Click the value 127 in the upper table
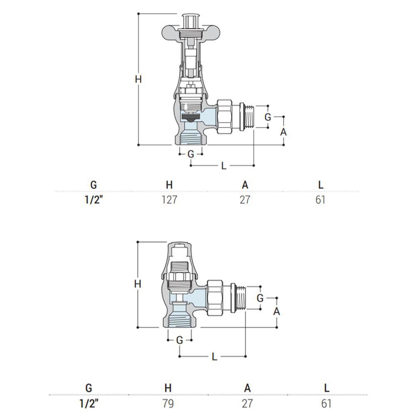(169, 200)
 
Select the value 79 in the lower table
(168, 404)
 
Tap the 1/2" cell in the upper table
(93, 200)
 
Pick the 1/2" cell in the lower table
(89, 404)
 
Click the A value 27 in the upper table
(245, 200)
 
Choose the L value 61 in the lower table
(326, 404)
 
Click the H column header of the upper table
(169, 185)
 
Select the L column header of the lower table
(327, 388)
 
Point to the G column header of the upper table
(93, 185)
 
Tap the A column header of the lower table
(247, 388)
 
